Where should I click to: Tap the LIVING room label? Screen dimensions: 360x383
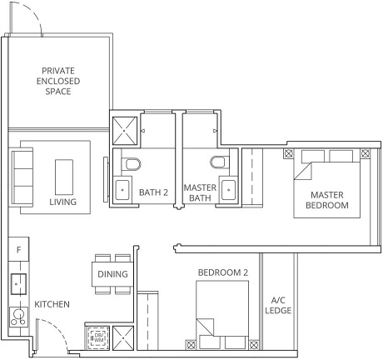pos(62,202)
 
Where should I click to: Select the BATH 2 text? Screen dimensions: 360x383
pos(153,192)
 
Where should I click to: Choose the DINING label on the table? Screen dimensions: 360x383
pos(113,273)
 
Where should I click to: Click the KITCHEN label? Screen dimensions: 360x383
pos(52,305)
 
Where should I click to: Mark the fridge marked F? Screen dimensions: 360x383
pos(18,248)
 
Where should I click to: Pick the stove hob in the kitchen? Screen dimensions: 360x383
pos(17,317)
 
